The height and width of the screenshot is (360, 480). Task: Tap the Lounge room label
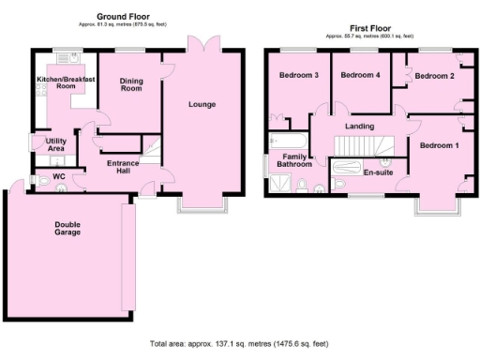click(x=201, y=104)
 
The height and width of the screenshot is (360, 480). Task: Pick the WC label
click(x=58, y=175)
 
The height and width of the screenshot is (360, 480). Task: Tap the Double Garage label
click(x=67, y=228)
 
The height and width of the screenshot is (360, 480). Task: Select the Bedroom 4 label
click(x=360, y=75)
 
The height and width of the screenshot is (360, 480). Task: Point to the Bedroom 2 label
click(x=435, y=75)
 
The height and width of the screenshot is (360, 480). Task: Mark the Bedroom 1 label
click(x=439, y=145)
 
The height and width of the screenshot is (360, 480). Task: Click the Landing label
click(x=360, y=126)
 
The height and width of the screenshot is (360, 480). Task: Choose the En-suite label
click(x=378, y=173)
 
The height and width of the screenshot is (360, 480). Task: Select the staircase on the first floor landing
click(x=366, y=146)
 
